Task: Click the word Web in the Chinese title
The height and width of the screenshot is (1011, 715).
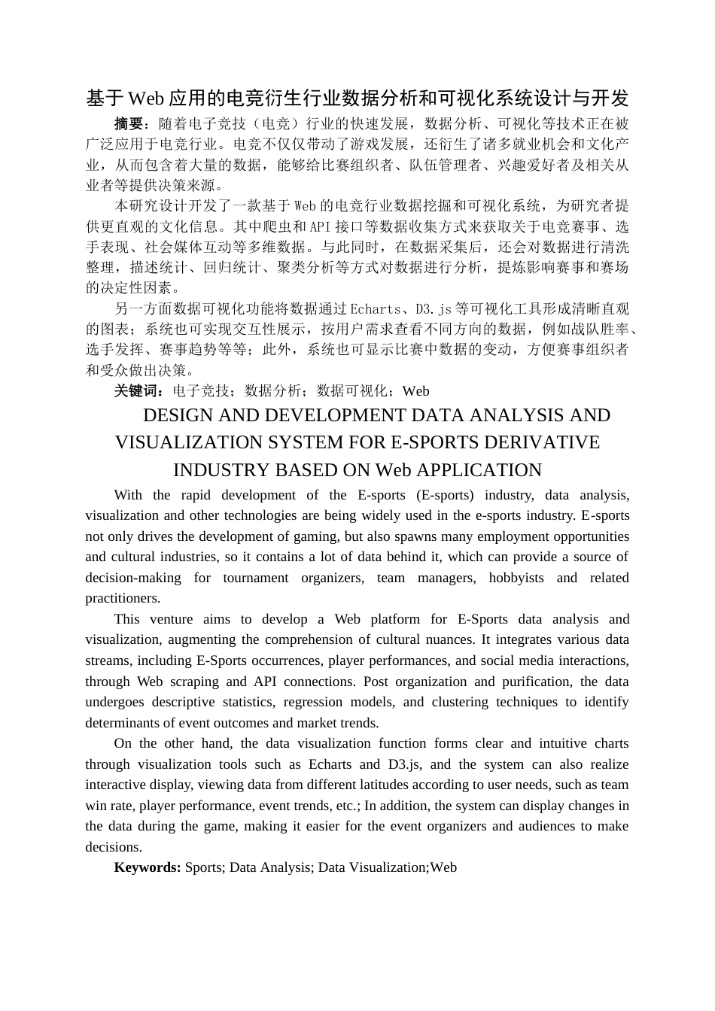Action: (146, 99)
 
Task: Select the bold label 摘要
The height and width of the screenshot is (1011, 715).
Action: (128, 123)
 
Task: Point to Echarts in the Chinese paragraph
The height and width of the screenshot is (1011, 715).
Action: (376, 308)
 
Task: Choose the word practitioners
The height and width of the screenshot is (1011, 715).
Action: (123, 598)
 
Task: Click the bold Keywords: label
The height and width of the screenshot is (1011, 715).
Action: (147, 867)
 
